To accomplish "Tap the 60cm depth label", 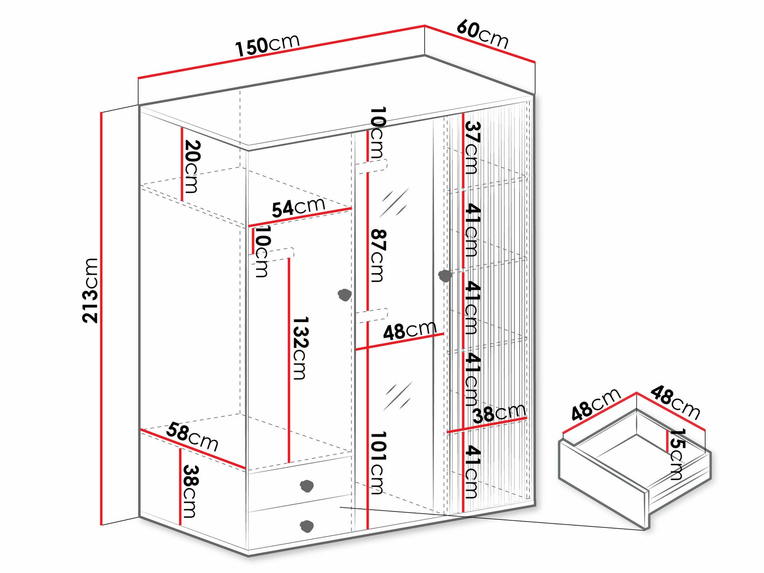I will point(482,34).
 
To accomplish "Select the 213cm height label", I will point(90,290).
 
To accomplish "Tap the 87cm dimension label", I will point(377,255).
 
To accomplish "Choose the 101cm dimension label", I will point(377,462).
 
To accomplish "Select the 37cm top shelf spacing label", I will point(472,147).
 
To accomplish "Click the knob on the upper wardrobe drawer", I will point(307,485).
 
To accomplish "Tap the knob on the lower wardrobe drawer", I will point(306,526).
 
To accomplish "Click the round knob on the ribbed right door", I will point(444,276).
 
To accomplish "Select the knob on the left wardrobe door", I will point(344,294).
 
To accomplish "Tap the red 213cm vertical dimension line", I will point(102,319).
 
